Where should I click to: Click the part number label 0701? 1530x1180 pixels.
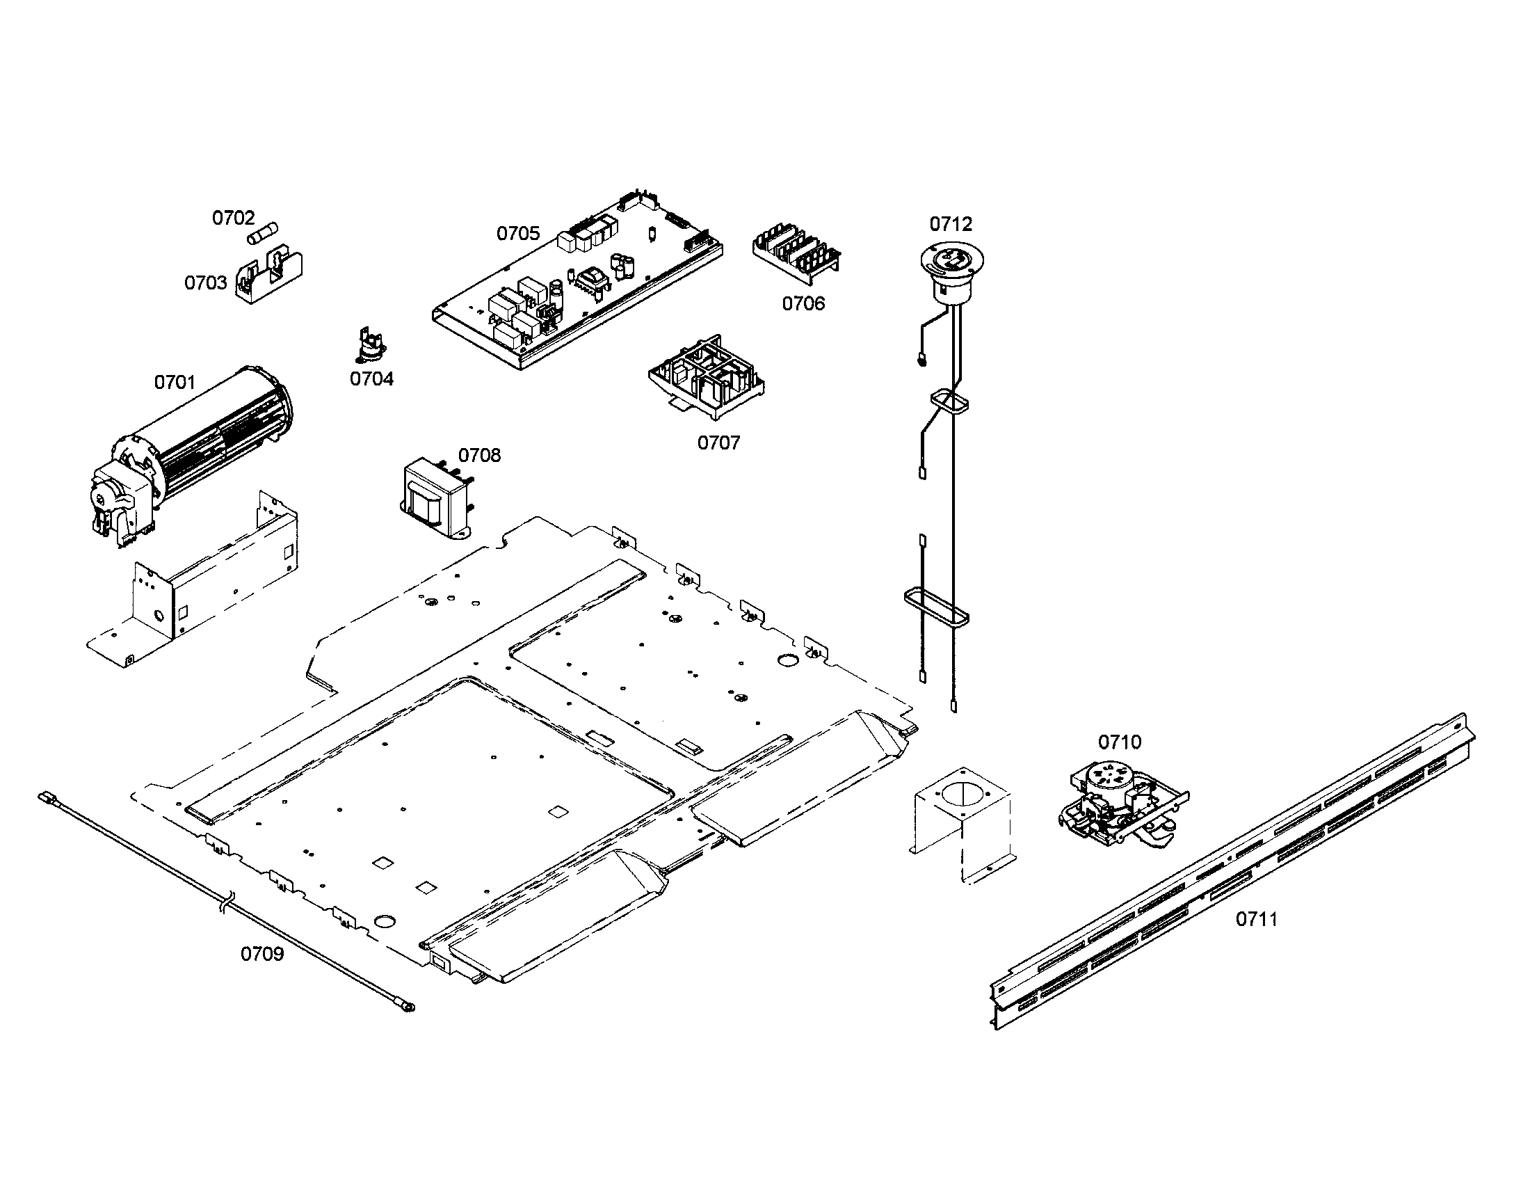click(175, 383)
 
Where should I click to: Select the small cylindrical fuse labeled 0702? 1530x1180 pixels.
click(264, 233)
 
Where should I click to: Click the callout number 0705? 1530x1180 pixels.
click(517, 234)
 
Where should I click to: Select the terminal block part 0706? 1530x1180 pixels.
click(796, 255)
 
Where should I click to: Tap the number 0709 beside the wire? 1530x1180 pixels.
click(262, 955)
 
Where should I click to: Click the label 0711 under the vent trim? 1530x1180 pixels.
click(1256, 919)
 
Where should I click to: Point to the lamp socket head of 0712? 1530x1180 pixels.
click(947, 271)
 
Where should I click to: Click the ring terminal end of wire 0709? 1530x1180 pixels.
click(405, 1007)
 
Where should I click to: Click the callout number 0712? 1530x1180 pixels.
click(951, 224)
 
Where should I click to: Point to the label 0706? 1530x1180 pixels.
click(803, 304)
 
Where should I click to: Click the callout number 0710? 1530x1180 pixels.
click(1119, 742)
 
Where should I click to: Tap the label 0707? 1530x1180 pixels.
click(718, 444)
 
